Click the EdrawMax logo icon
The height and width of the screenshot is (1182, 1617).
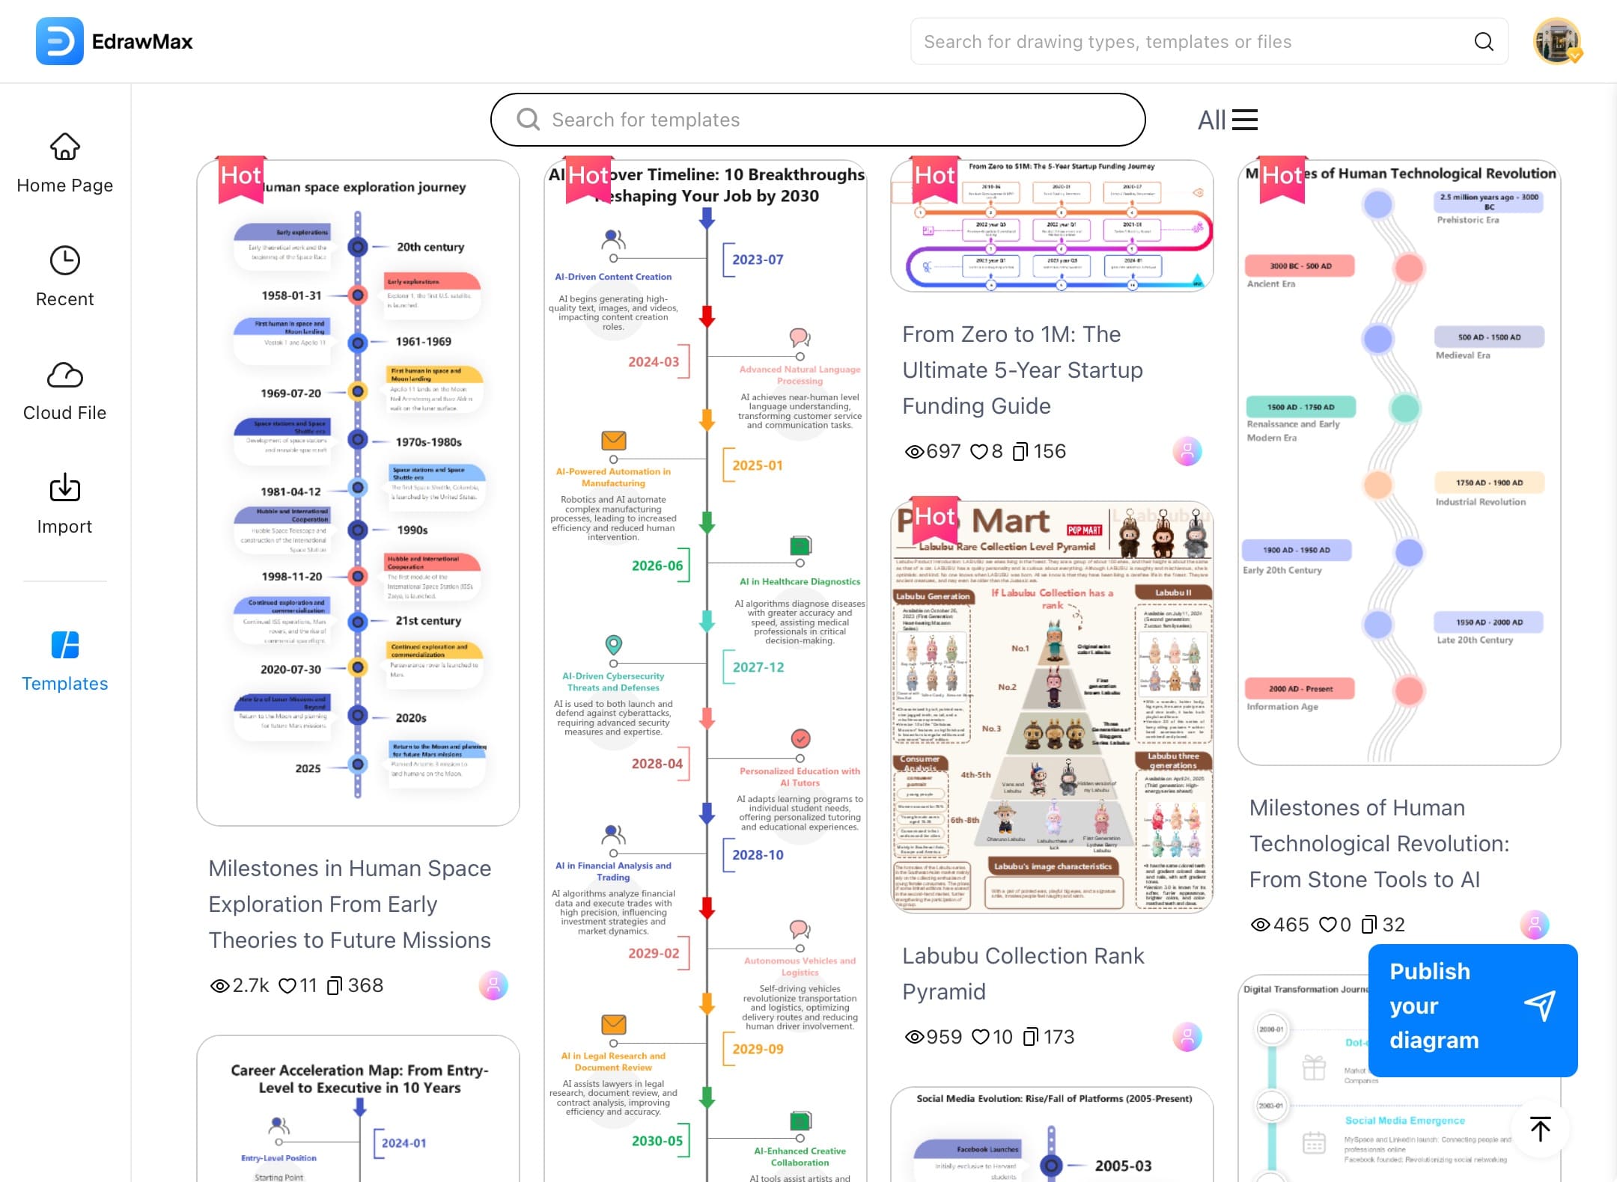60,41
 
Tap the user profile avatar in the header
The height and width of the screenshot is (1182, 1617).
1556,41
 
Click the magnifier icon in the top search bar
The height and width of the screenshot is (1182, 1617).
1483,42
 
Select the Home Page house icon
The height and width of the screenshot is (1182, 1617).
65,147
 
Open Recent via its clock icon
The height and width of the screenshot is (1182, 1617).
65,261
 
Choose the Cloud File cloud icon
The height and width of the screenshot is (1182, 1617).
65,375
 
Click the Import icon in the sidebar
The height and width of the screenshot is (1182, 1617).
65,489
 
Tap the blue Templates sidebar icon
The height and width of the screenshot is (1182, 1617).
65,645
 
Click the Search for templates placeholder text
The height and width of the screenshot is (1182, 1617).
645,120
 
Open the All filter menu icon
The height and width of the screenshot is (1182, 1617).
1244,120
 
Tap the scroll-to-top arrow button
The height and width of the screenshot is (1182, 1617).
1540,1129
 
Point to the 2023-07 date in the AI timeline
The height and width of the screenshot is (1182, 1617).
758,260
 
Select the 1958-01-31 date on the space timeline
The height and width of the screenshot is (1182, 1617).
291,295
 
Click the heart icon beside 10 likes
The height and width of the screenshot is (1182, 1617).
980,1037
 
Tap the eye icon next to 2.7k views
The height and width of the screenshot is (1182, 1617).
219,986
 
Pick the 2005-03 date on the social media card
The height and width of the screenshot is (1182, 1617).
1123,1166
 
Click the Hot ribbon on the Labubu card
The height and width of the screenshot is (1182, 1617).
934,518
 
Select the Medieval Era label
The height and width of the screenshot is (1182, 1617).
1462,355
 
